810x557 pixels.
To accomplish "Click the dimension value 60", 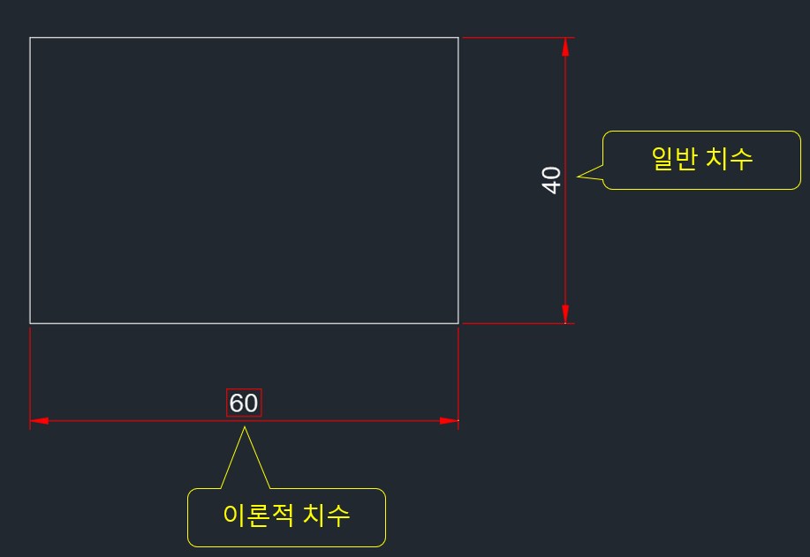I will pos(244,403).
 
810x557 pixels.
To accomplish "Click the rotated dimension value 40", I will pos(551,180).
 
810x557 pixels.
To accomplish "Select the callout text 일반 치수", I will pos(701,159).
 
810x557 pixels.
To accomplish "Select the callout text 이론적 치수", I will pos(286,516).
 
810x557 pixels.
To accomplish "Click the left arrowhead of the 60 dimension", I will pos(39,421).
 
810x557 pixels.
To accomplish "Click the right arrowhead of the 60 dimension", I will pos(449,421).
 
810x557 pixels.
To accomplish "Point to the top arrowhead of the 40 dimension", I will pos(565,47).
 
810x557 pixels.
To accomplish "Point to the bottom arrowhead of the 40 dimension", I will pos(565,314).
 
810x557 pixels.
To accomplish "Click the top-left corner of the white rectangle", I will pos(30,38).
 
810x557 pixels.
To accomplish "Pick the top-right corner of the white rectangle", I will pos(458,38).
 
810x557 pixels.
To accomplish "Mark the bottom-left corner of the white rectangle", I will pos(30,323).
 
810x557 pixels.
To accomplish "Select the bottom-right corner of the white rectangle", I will pos(458,323).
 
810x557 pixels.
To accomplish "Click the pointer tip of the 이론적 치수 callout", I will pos(245,428).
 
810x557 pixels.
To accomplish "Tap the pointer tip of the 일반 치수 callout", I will pos(579,177).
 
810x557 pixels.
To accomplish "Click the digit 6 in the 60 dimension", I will pos(237,403).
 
